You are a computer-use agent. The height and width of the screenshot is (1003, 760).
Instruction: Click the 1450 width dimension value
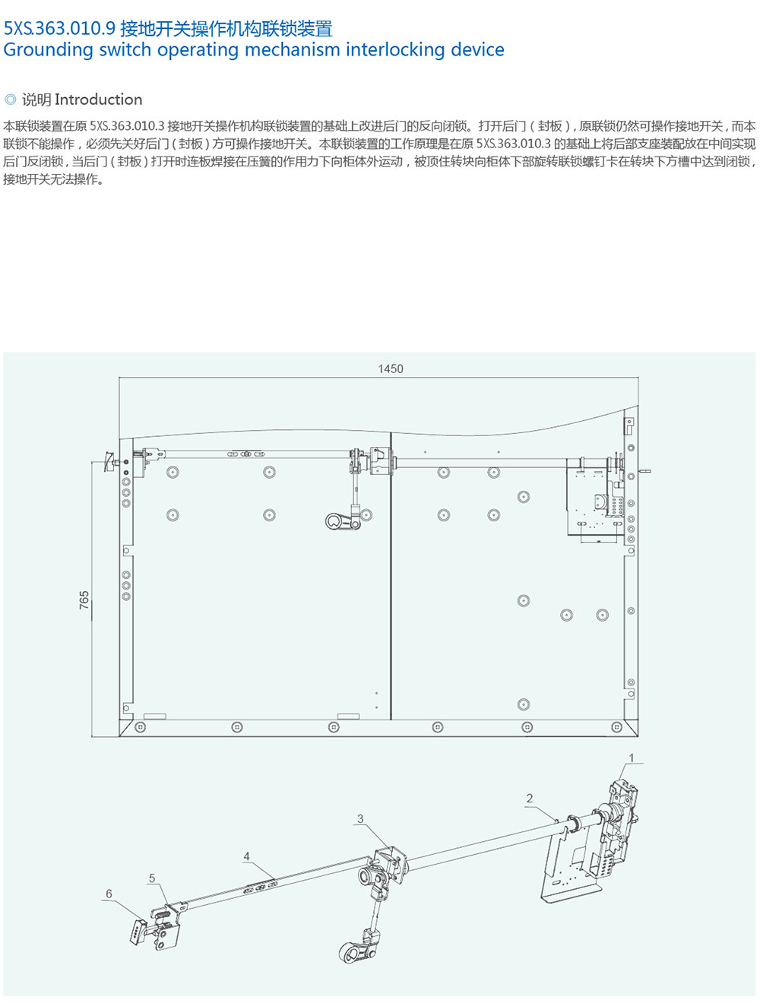pos(391,369)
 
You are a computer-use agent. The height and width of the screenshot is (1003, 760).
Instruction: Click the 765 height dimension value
pos(84,600)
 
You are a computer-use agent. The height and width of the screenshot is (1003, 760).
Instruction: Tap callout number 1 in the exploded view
pos(631,758)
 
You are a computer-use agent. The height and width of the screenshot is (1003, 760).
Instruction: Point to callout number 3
pos(360,819)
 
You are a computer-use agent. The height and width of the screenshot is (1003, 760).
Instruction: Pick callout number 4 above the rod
pos(247,856)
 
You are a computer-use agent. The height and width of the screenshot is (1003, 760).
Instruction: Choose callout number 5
pos(152,878)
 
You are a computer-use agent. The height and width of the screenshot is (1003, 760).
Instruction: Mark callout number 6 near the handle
pos(109,894)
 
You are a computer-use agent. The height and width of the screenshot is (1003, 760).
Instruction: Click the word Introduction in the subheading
pos(98,99)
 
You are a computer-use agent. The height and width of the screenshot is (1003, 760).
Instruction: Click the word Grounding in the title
pos(48,50)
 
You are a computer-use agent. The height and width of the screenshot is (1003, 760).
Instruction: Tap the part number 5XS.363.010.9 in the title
pos(59,29)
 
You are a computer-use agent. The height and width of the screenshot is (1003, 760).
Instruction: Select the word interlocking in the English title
pos(395,50)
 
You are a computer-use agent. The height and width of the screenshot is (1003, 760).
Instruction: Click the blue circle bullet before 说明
pos(10,99)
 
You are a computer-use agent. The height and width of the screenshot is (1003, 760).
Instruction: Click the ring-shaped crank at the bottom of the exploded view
pos(352,953)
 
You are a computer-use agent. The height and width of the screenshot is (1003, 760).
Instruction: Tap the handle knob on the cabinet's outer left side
pos(109,461)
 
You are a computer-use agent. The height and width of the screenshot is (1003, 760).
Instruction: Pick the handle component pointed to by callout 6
pos(138,931)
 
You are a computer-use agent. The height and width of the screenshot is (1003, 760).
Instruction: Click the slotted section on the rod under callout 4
pos(261,888)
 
